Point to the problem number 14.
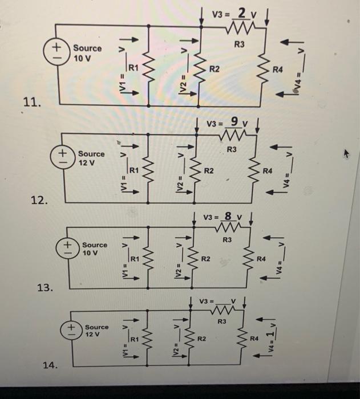[50, 365]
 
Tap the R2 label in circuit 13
[207, 259]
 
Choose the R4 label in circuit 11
[278, 71]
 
